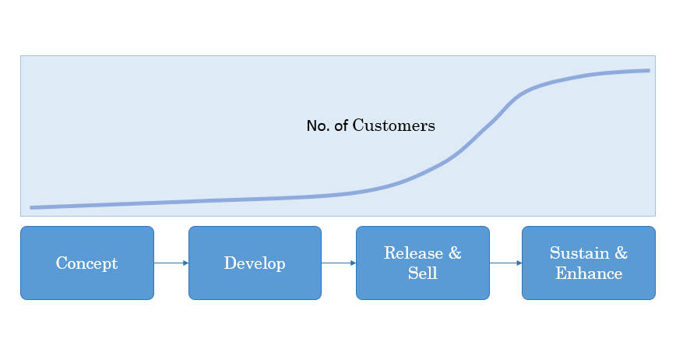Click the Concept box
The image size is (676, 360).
click(x=87, y=263)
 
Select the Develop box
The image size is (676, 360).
click(x=255, y=263)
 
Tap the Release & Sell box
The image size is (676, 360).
click(x=422, y=263)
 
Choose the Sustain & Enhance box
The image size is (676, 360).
click(x=589, y=263)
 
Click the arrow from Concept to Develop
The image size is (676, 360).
click(x=171, y=263)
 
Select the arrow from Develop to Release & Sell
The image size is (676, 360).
click(x=339, y=263)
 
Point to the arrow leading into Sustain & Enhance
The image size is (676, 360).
click(x=505, y=263)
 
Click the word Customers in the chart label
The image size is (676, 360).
click(x=393, y=125)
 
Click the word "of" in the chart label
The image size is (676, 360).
click(x=341, y=126)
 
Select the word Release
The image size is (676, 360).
click(x=413, y=253)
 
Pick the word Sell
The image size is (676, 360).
click(x=422, y=274)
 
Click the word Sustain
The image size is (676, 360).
click(x=579, y=253)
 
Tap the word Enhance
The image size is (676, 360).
click(x=589, y=274)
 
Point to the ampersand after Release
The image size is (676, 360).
click(x=455, y=253)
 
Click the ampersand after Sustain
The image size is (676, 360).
click(x=621, y=253)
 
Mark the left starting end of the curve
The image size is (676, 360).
click(x=30, y=208)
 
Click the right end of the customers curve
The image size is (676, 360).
click(x=650, y=70)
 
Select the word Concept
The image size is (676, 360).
click(x=86, y=263)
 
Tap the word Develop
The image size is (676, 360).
click(x=255, y=263)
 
